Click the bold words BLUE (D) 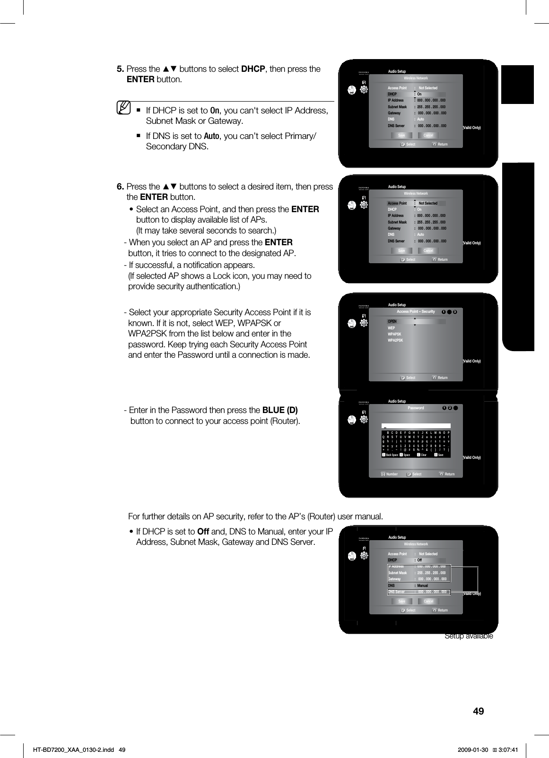click(x=280, y=410)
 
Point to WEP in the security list click(x=391, y=328)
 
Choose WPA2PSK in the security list click(x=395, y=340)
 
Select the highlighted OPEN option click(x=392, y=321)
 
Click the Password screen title click(x=416, y=408)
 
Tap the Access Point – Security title click(x=416, y=311)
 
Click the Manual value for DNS click(x=422, y=586)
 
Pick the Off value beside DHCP click(x=419, y=560)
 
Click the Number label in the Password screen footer click(x=392, y=474)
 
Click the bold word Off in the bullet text click(x=203, y=531)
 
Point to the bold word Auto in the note click(x=211, y=137)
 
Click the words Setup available click(x=469, y=636)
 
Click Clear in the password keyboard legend click(x=423, y=455)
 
